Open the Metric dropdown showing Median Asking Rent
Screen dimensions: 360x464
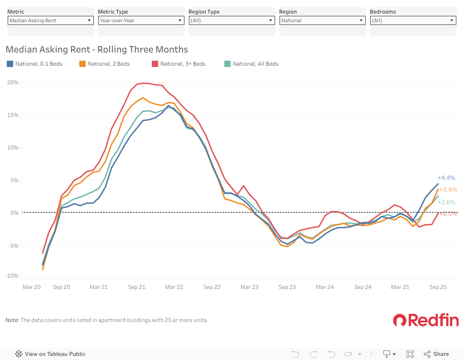point(50,20)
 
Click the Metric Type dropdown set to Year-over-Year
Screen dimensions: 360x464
point(141,20)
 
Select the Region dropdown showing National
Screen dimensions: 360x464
point(322,20)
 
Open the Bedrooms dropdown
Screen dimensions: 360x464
point(413,20)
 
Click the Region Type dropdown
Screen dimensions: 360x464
point(232,20)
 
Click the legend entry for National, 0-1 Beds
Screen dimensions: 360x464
point(35,64)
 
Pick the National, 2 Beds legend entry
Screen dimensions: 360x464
point(105,64)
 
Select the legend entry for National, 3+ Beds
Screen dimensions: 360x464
point(179,64)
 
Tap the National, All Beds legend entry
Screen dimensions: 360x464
point(251,64)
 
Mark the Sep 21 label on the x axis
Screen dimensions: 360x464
point(136,287)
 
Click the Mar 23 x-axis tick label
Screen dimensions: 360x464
point(249,287)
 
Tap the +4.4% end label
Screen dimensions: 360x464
point(446,178)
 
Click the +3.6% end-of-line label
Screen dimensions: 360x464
point(448,190)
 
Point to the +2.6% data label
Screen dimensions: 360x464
point(446,202)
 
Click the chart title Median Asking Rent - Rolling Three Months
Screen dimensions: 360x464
point(97,49)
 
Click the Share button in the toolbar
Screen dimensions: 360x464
point(436,354)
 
